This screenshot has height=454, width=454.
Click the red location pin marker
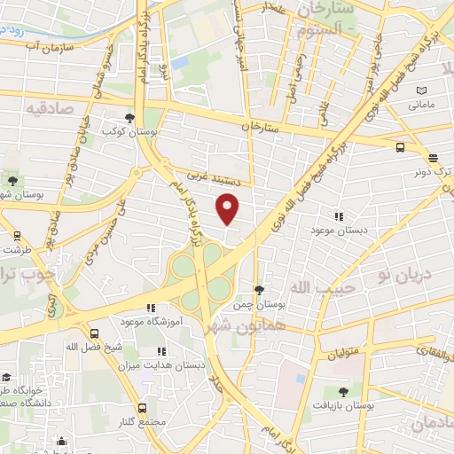[229, 210]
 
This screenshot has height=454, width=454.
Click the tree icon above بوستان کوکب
[129, 117]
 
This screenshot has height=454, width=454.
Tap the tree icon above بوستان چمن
[259, 290]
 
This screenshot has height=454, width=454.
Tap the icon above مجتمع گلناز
[143, 408]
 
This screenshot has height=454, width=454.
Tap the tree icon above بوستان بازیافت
[343, 390]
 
